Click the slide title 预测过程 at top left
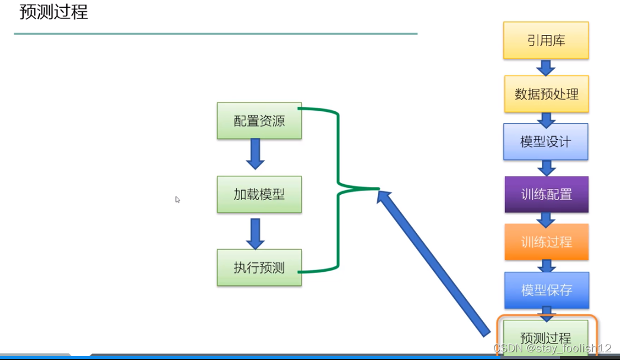[x=54, y=12]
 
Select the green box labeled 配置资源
[x=259, y=121]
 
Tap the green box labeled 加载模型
[x=259, y=195]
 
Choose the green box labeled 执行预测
[x=259, y=268]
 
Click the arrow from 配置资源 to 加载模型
[x=255, y=154]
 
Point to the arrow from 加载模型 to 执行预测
[x=255, y=233]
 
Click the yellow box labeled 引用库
[x=546, y=40]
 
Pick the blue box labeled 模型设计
[x=546, y=142]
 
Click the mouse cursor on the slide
[x=177, y=200]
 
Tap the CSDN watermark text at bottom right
[x=552, y=349]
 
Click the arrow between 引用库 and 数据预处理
[x=546, y=67]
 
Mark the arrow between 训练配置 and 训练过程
[x=546, y=219]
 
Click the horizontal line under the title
[x=216, y=34]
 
